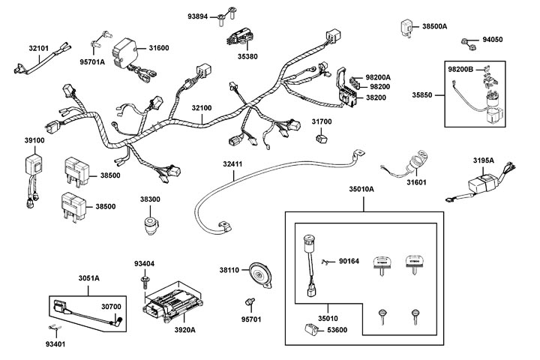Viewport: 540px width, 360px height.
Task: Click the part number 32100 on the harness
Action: [x=202, y=109]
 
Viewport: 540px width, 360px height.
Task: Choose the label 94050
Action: [x=492, y=40]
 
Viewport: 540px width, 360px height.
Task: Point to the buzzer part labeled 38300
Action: [x=151, y=224]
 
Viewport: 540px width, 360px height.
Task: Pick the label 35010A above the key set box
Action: [x=361, y=190]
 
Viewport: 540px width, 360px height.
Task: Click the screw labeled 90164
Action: [x=325, y=260]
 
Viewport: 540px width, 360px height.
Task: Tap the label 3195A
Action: [x=483, y=160]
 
